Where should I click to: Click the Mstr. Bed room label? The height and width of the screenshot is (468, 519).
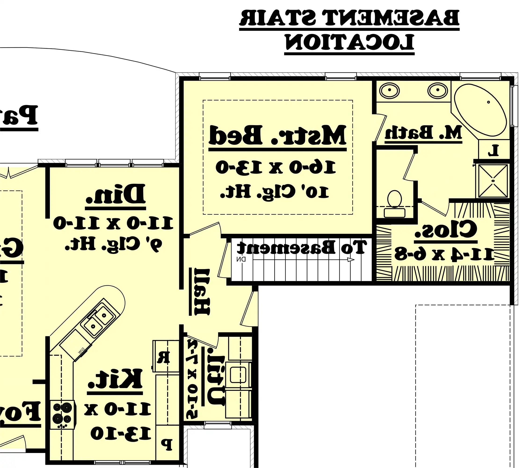277,135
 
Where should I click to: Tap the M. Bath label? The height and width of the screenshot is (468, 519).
423,133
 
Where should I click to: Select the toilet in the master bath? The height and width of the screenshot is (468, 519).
394,203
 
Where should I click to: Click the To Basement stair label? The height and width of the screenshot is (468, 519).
301,247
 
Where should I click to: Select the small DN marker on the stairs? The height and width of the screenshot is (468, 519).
241,260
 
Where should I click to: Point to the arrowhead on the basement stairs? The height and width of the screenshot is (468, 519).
351,260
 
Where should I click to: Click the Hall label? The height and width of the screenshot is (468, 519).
202,292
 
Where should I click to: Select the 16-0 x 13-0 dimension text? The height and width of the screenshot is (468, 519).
276,167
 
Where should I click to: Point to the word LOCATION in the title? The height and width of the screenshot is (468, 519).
349,42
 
